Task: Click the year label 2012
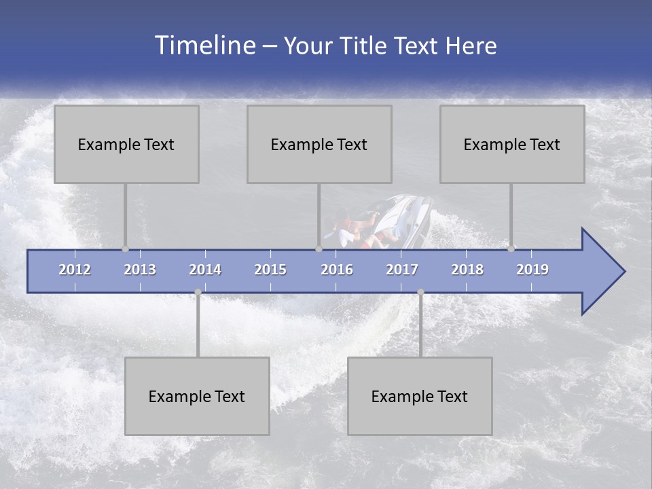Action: click(75, 270)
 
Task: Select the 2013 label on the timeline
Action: click(140, 270)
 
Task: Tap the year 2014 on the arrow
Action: click(205, 270)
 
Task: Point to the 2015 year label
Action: click(270, 270)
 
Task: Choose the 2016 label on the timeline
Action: click(337, 270)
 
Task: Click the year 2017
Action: click(402, 270)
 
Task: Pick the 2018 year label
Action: click(467, 270)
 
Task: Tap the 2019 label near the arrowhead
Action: click(532, 270)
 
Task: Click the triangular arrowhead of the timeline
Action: click(601, 272)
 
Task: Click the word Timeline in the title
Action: click(204, 46)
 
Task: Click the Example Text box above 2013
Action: click(126, 144)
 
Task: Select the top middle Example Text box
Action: click(319, 144)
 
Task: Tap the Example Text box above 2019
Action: click(512, 144)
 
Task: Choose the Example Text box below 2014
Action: click(197, 396)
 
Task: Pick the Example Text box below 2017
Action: click(420, 396)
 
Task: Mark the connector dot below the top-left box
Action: click(125, 249)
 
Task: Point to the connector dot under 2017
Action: click(420, 291)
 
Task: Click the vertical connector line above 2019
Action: click(511, 214)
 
